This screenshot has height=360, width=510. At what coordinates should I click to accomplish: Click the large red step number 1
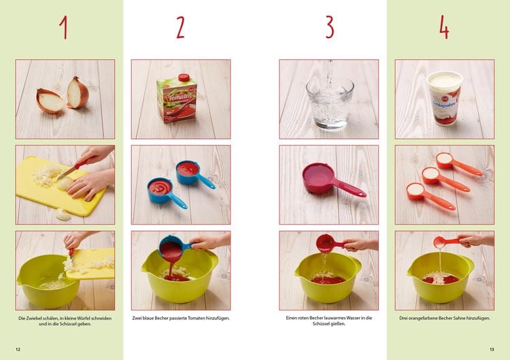(65, 28)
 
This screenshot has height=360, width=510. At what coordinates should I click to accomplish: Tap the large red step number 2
(180, 28)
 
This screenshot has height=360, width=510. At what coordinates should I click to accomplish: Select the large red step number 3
(330, 28)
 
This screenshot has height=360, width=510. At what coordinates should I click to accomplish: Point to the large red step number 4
(444, 28)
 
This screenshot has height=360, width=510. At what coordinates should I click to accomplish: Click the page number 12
(18, 349)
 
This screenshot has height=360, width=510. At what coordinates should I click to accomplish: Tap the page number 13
(492, 349)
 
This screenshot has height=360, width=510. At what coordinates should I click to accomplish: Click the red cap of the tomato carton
(184, 78)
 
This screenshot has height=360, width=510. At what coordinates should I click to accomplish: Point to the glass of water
(330, 103)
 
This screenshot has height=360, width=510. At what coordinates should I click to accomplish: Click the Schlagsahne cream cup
(445, 97)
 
